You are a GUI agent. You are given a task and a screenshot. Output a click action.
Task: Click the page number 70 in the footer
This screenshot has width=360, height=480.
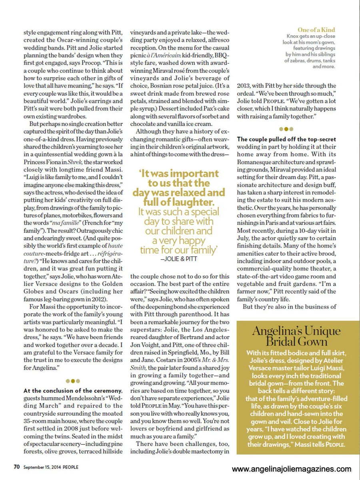coord(16,466)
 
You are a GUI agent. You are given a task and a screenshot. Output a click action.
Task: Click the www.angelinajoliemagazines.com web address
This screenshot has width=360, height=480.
coord(292,469)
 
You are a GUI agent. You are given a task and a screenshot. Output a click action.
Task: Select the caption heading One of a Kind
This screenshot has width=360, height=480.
coord(316,30)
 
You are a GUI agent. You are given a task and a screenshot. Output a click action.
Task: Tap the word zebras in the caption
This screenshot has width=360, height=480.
coord(295,61)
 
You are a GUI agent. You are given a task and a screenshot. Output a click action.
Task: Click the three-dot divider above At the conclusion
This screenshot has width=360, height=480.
coord(73,381)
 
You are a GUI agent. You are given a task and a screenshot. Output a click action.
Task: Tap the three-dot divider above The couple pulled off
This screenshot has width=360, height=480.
coord(286,129)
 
